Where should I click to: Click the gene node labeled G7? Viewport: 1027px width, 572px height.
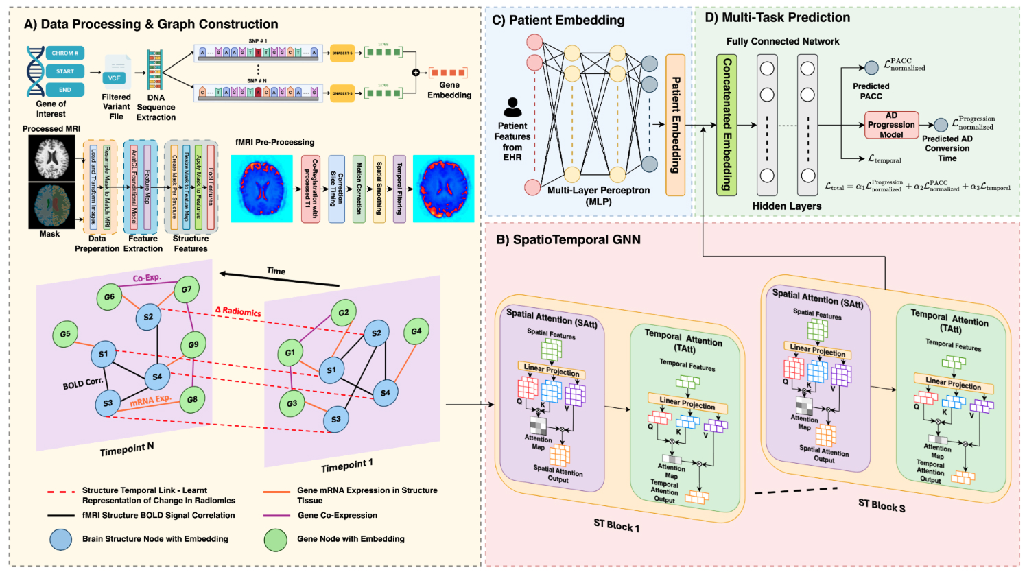[x=187, y=289]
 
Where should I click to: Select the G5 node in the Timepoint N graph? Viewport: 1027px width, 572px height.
[x=65, y=334]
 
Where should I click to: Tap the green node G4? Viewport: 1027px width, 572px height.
[x=416, y=331]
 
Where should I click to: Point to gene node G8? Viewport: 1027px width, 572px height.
[x=192, y=399]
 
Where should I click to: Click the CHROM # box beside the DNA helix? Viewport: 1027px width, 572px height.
[x=65, y=53]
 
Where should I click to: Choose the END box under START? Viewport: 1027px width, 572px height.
[x=65, y=90]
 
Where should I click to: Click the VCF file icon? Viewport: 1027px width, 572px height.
[x=115, y=77]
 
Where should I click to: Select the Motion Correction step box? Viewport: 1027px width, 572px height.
[x=359, y=189]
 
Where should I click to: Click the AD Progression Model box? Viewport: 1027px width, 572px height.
[x=891, y=125]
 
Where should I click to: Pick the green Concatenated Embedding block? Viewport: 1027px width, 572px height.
[x=727, y=126]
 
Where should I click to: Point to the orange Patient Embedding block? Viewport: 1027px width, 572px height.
[x=675, y=126]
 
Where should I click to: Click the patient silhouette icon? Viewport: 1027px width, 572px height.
[x=512, y=108]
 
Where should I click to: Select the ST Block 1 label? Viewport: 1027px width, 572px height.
[x=616, y=525]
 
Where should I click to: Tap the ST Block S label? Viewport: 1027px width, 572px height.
[x=882, y=506]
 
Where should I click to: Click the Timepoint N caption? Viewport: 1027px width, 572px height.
[x=127, y=449]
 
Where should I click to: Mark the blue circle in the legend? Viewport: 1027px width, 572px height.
[x=61, y=539]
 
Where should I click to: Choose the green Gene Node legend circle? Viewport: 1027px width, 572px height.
[x=276, y=539]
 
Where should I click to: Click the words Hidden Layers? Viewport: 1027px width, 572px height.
[x=786, y=206]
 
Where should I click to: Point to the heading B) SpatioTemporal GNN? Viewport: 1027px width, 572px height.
[x=568, y=239]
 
